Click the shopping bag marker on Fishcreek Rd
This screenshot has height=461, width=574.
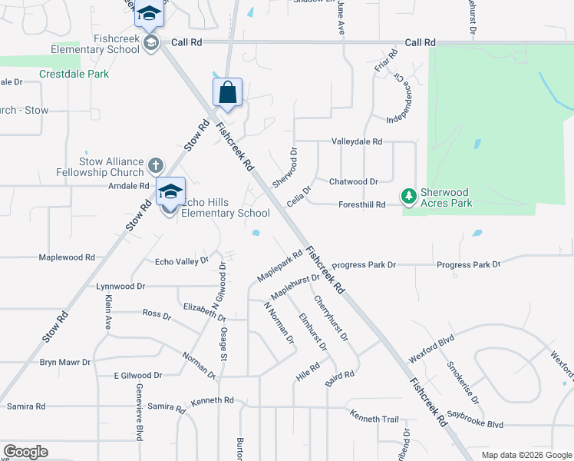(x=228, y=92)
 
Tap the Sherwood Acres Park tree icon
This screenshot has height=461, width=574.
(x=409, y=197)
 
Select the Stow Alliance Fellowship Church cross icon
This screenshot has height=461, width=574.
(x=156, y=164)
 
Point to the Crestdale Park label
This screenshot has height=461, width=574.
(x=74, y=74)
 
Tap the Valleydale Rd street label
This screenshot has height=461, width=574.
(x=357, y=142)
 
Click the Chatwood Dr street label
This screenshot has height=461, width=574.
(x=354, y=181)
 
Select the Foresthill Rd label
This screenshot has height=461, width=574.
(x=361, y=204)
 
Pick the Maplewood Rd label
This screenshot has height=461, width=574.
(x=67, y=257)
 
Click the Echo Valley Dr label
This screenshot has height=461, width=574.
(x=182, y=261)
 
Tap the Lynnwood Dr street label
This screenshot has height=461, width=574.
(x=120, y=286)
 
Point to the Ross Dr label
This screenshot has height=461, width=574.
(x=157, y=313)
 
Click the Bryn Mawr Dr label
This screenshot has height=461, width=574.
(x=65, y=361)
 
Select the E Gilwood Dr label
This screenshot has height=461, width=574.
(x=138, y=375)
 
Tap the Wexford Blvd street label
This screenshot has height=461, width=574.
(x=432, y=342)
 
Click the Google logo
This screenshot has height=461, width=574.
(x=25, y=452)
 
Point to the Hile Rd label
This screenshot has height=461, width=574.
(x=307, y=371)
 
